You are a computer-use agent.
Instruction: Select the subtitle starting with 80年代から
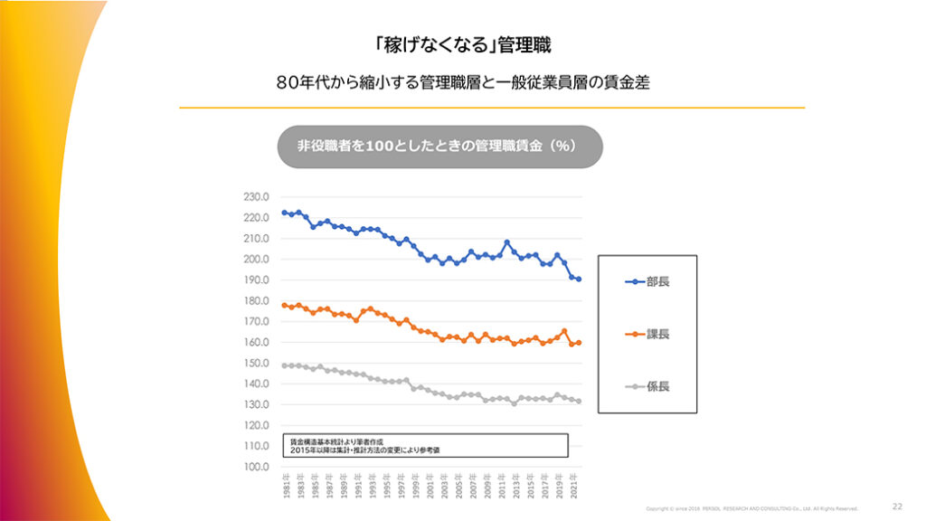(x=463, y=82)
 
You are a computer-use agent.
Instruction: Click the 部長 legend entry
(x=647, y=282)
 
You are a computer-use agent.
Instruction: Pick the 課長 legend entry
(x=647, y=335)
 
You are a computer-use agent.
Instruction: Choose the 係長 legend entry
(x=647, y=386)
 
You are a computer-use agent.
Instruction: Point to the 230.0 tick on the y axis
(x=257, y=197)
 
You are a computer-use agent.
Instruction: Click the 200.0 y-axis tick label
(x=257, y=260)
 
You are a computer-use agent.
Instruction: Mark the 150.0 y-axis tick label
(x=257, y=363)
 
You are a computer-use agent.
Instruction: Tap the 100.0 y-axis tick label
(x=257, y=467)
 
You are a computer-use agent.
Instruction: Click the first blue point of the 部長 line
(x=284, y=213)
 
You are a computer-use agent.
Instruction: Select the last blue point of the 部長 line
(x=578, y=279)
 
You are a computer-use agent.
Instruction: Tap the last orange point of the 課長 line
(x=578, y=343)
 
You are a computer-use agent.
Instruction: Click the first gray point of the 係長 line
(x=284, y=365)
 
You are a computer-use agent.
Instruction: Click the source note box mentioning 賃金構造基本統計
(x=425, y=445)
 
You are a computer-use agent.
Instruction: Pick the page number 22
(x=897, y=507)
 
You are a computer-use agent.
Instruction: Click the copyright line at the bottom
(x=751, y=508)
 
